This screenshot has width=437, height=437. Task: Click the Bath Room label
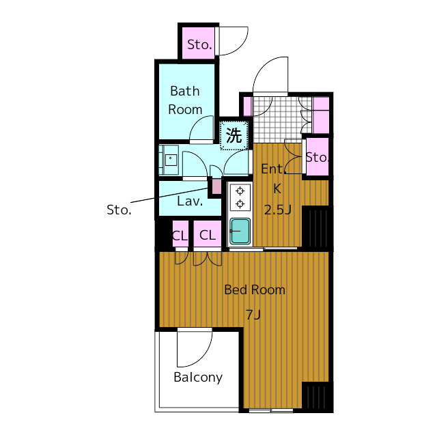point(185,100)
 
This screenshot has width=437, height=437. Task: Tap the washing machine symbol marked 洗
point(234,135)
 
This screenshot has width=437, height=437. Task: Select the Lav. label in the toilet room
point(190,201)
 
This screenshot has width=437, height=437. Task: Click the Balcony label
point(198,378)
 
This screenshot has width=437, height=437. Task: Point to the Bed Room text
point(255,290)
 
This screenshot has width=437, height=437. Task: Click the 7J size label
point(253,315)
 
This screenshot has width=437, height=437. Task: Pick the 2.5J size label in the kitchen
point(278,210)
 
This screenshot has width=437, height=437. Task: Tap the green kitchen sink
point(240,231)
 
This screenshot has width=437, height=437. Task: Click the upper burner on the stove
point(240,191)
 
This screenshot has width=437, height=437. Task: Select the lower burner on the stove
point(240,204)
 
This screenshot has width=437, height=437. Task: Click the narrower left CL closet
point(180,234)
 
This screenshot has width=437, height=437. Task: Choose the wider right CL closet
point(208,234)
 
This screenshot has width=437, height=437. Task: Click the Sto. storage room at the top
point(199,43)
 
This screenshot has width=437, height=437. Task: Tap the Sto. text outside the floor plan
point(119,210)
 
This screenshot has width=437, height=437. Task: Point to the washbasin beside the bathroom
point(169,160)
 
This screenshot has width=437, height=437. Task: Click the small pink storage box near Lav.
point(216,186)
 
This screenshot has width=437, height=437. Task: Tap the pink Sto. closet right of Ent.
point(318,157)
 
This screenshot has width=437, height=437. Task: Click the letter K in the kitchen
point(277,189)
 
